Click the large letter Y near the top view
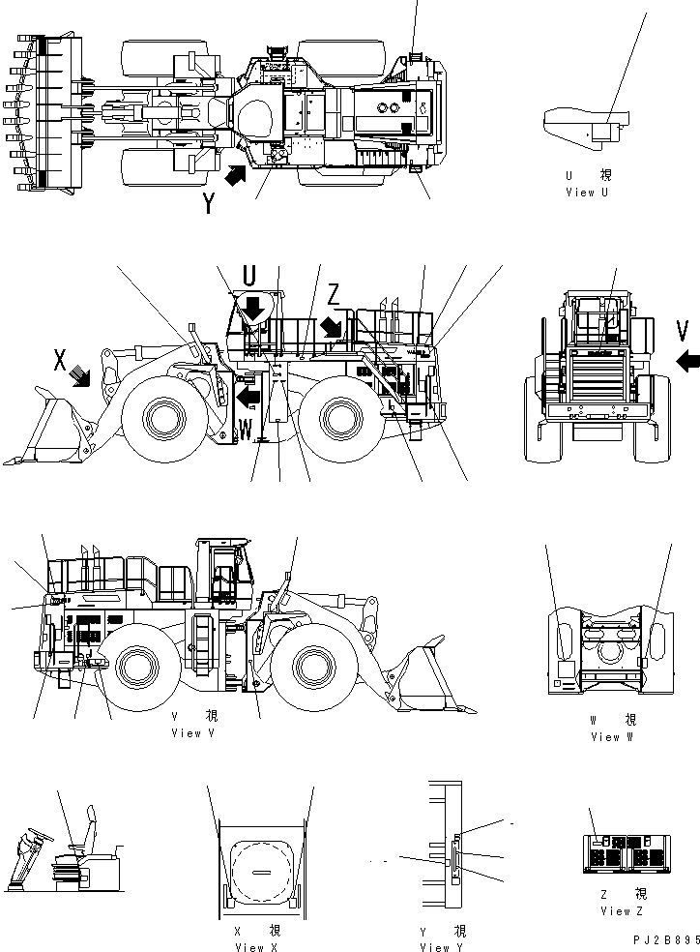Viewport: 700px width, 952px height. click(x=209, y=203)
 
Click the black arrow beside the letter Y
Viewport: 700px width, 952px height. click(x=235, y=177)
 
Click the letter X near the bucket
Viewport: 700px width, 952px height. click(x=60, y=360)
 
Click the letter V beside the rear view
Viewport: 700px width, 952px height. click(x=684, y=332)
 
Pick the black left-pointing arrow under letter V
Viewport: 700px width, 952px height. click(x=687, y=362)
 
